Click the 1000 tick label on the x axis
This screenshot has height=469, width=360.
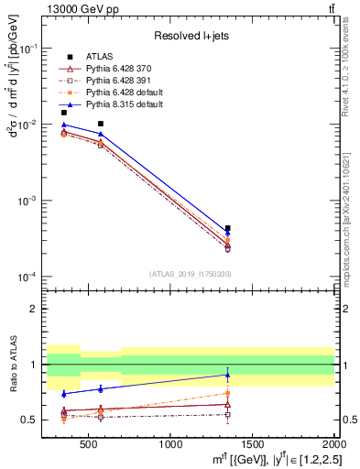point(170,446)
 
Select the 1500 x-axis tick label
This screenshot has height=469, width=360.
point(253,446)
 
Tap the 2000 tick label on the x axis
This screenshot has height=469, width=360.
point(333,446)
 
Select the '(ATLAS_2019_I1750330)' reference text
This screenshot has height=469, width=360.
point(191,274)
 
